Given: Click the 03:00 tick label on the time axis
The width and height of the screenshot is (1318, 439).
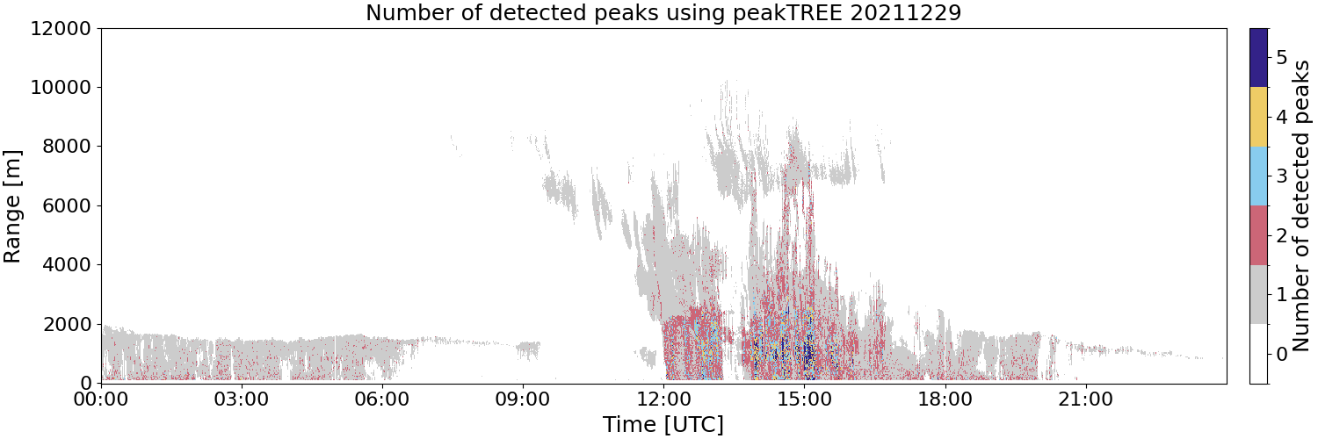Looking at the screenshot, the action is point(242,399).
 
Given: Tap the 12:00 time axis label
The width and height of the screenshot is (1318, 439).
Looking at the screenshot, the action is point(663,399).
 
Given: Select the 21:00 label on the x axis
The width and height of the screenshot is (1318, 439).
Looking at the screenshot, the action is point(1085,399).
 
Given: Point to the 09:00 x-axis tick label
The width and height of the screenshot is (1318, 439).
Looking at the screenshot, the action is point(523,399).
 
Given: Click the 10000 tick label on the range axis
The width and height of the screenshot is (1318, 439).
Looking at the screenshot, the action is point(62,88).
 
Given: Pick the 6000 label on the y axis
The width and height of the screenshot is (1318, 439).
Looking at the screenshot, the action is point(68,206).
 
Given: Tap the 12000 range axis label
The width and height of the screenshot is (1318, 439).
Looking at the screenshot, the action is point(62,28).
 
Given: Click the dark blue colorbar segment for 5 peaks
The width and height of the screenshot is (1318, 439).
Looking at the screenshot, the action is point(1258,58).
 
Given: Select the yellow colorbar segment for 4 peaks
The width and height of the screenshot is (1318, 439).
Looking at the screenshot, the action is point(1258,117).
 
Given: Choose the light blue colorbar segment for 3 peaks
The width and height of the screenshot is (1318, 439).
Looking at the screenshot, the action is point(1258,176).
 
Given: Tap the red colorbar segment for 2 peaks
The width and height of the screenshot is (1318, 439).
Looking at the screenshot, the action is point(1258,235).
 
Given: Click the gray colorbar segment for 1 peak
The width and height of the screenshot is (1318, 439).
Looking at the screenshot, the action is point(1258,294).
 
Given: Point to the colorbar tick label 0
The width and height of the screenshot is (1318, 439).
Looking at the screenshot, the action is point(1281,354).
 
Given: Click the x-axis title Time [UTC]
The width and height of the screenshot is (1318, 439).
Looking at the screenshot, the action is point(663,424).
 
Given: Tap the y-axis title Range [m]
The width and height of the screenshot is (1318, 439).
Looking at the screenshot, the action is point(11,206).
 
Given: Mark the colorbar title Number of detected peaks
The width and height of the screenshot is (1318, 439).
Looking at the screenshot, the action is point(1302,205).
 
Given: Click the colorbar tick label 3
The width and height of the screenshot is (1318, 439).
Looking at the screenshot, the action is point(1281,176).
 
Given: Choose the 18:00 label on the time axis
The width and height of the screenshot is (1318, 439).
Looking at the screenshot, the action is point(945,399).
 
